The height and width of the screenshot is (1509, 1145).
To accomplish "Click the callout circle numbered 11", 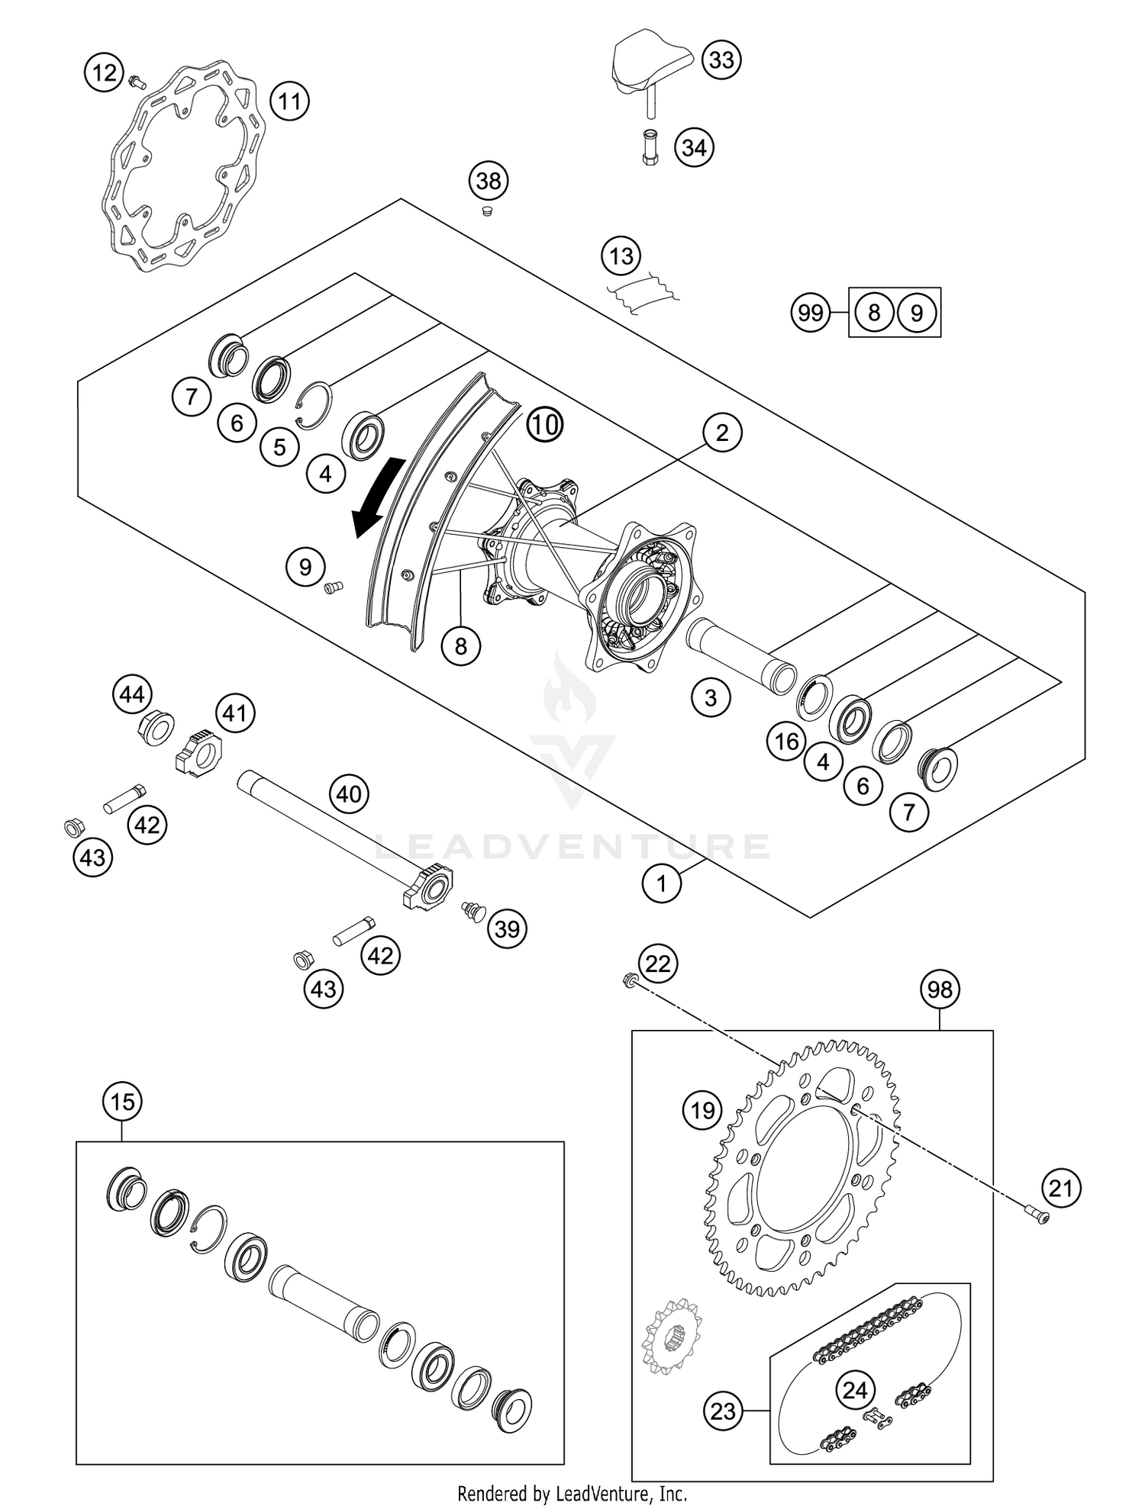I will tap(289, 101).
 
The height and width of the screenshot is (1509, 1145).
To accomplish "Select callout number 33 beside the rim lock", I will tap(721, 60).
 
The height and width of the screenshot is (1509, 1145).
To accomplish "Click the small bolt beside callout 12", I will tap(138, 81).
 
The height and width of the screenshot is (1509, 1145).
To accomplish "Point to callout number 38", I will tap(489, 181).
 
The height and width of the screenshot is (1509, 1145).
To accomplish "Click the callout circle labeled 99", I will tap(810, 313).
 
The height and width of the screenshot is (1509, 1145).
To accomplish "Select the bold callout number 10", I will tap(545, 424).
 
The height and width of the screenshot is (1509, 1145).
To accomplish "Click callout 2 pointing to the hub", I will tap(721, 433).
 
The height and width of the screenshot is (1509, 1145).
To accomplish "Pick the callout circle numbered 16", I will tap(786, 741).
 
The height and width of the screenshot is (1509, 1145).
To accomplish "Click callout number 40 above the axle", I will tap(349, 794).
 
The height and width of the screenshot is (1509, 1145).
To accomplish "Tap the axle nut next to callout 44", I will tap(156, 726).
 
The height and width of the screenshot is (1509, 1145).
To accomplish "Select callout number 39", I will tap(507, 928).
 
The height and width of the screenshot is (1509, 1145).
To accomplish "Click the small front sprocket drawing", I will tap(671, 1336).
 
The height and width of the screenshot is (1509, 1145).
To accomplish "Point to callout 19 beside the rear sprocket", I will tap(702, 1109).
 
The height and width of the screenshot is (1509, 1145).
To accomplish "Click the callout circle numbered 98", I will tap(940, 989).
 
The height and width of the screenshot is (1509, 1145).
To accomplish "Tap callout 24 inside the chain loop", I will tap(855, 1390).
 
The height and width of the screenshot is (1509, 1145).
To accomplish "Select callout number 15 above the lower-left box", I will tap(122, 1102).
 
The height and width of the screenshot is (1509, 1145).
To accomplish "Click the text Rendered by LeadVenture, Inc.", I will tap(572, 1493).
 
